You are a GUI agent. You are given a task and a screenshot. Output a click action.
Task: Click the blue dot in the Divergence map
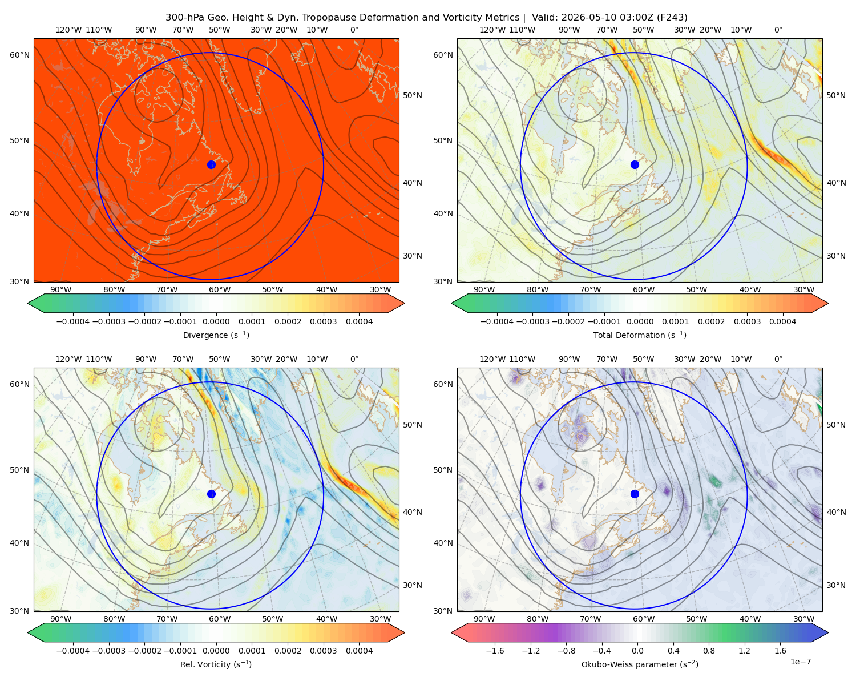[211, 164]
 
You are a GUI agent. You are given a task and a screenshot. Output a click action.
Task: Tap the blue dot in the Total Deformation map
[635, 164]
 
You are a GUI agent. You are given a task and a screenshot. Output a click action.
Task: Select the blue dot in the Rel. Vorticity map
[211, 494]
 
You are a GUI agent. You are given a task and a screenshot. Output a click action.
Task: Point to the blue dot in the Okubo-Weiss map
[635, 494]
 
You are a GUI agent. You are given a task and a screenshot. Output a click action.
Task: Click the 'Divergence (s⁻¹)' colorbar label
[216, 335]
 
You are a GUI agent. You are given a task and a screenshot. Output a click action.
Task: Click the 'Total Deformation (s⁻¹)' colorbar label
[640, 335]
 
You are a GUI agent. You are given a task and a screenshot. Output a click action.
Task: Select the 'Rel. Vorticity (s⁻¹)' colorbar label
[216, 664]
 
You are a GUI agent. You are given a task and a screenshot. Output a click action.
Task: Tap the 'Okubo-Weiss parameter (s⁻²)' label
[640, 664]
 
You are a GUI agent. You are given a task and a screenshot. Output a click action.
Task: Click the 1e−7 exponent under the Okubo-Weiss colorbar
[800, 662]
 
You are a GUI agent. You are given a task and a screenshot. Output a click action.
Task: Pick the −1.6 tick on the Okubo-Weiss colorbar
[495, 650]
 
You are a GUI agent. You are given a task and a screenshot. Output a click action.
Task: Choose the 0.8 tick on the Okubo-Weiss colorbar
[709, 650]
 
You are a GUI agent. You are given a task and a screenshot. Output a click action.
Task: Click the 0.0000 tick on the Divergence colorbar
[216, 321]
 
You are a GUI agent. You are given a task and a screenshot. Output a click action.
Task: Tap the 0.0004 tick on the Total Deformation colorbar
[782, 321]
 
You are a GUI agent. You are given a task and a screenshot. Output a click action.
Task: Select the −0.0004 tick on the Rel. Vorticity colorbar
[73, 650]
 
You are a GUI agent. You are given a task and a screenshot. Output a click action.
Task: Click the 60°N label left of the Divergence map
[19, 55]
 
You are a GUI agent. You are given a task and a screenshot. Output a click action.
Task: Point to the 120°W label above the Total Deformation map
[492, 30]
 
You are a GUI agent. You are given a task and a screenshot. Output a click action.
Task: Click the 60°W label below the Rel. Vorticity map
[220, 619]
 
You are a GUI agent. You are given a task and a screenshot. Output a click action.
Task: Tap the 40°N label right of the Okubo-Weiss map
[836, 512]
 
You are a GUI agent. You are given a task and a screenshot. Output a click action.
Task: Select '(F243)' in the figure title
[672, 18]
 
